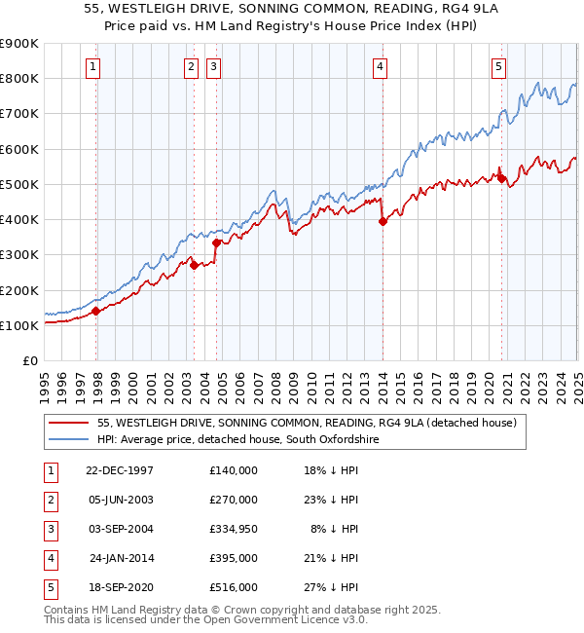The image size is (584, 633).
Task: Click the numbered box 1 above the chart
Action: click(x=92, y=67)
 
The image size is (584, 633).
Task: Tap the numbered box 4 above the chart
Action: click(x=380, y=67)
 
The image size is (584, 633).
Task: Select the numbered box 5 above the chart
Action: click(x=498, y=67)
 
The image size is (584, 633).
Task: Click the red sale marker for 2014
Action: click(x=383, y=221)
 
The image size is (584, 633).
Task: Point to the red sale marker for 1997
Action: click(x=96, y=312)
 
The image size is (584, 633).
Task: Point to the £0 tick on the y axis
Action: click(x=28, y=361)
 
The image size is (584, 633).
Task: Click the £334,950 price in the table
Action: click(x=233, y=529)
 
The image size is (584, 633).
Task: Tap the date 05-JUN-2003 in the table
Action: click(x=120, y=500)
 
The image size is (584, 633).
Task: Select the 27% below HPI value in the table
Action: click(x=337, y=587)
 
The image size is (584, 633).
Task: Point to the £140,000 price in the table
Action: click(x=233, y=470)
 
